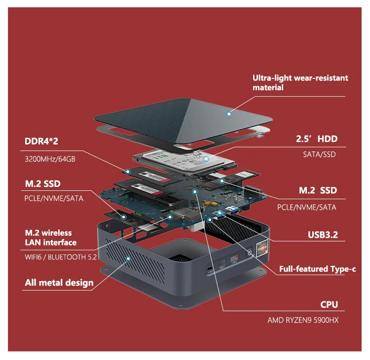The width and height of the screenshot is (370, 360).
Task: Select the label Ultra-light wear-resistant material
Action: (300, 82)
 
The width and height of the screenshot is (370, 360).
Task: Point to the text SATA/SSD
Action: (319, 154)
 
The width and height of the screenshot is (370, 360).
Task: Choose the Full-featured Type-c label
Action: (317, 269)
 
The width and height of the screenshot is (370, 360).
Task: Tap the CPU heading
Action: (329, 305)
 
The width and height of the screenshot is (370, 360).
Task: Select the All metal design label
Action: (59, 283)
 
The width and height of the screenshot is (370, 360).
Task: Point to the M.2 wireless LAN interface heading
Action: (50, 238)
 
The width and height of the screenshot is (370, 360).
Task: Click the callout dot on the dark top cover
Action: (229, 114)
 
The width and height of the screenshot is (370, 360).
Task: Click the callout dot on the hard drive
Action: (206, 159)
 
